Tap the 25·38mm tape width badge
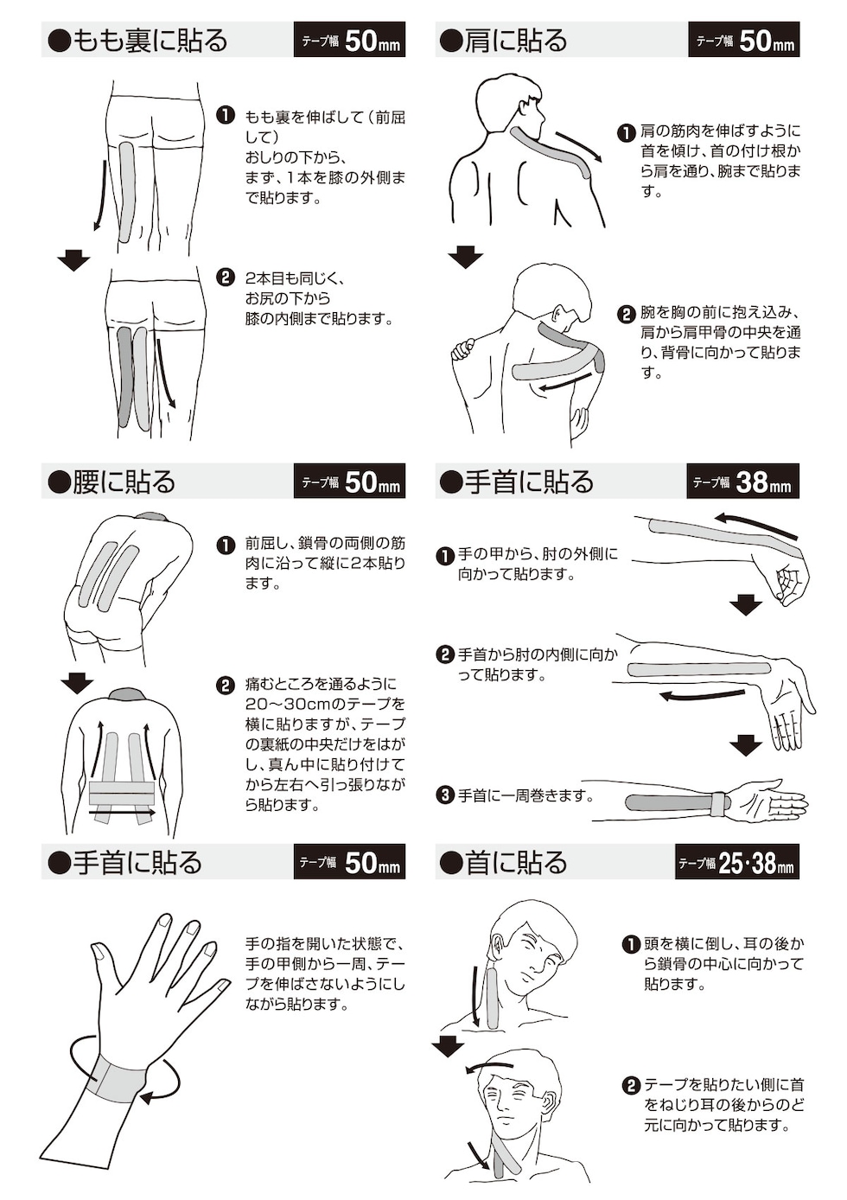pyautogui.click(x=736, y=862)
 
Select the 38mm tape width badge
pyautogui.click(x=742, y=482)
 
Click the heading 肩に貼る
pyautogui.click(x=505, y=41)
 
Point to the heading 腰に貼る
pyautogui.click(x=113, y=482)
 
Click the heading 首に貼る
pyautogui.click(x=505, y=862)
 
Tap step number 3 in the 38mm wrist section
pyautogui.click(x=444, y=794)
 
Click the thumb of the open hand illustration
pyautogui.click(x=100, y=958)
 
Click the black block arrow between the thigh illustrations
pyautogui.click(x=73, y=259)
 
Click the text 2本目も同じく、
pyautogui.click(x=294, y=278)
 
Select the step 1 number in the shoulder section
pyautogui.click(x=627, y=132)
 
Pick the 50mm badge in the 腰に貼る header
pyautogui.click(x=349, y=482)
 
